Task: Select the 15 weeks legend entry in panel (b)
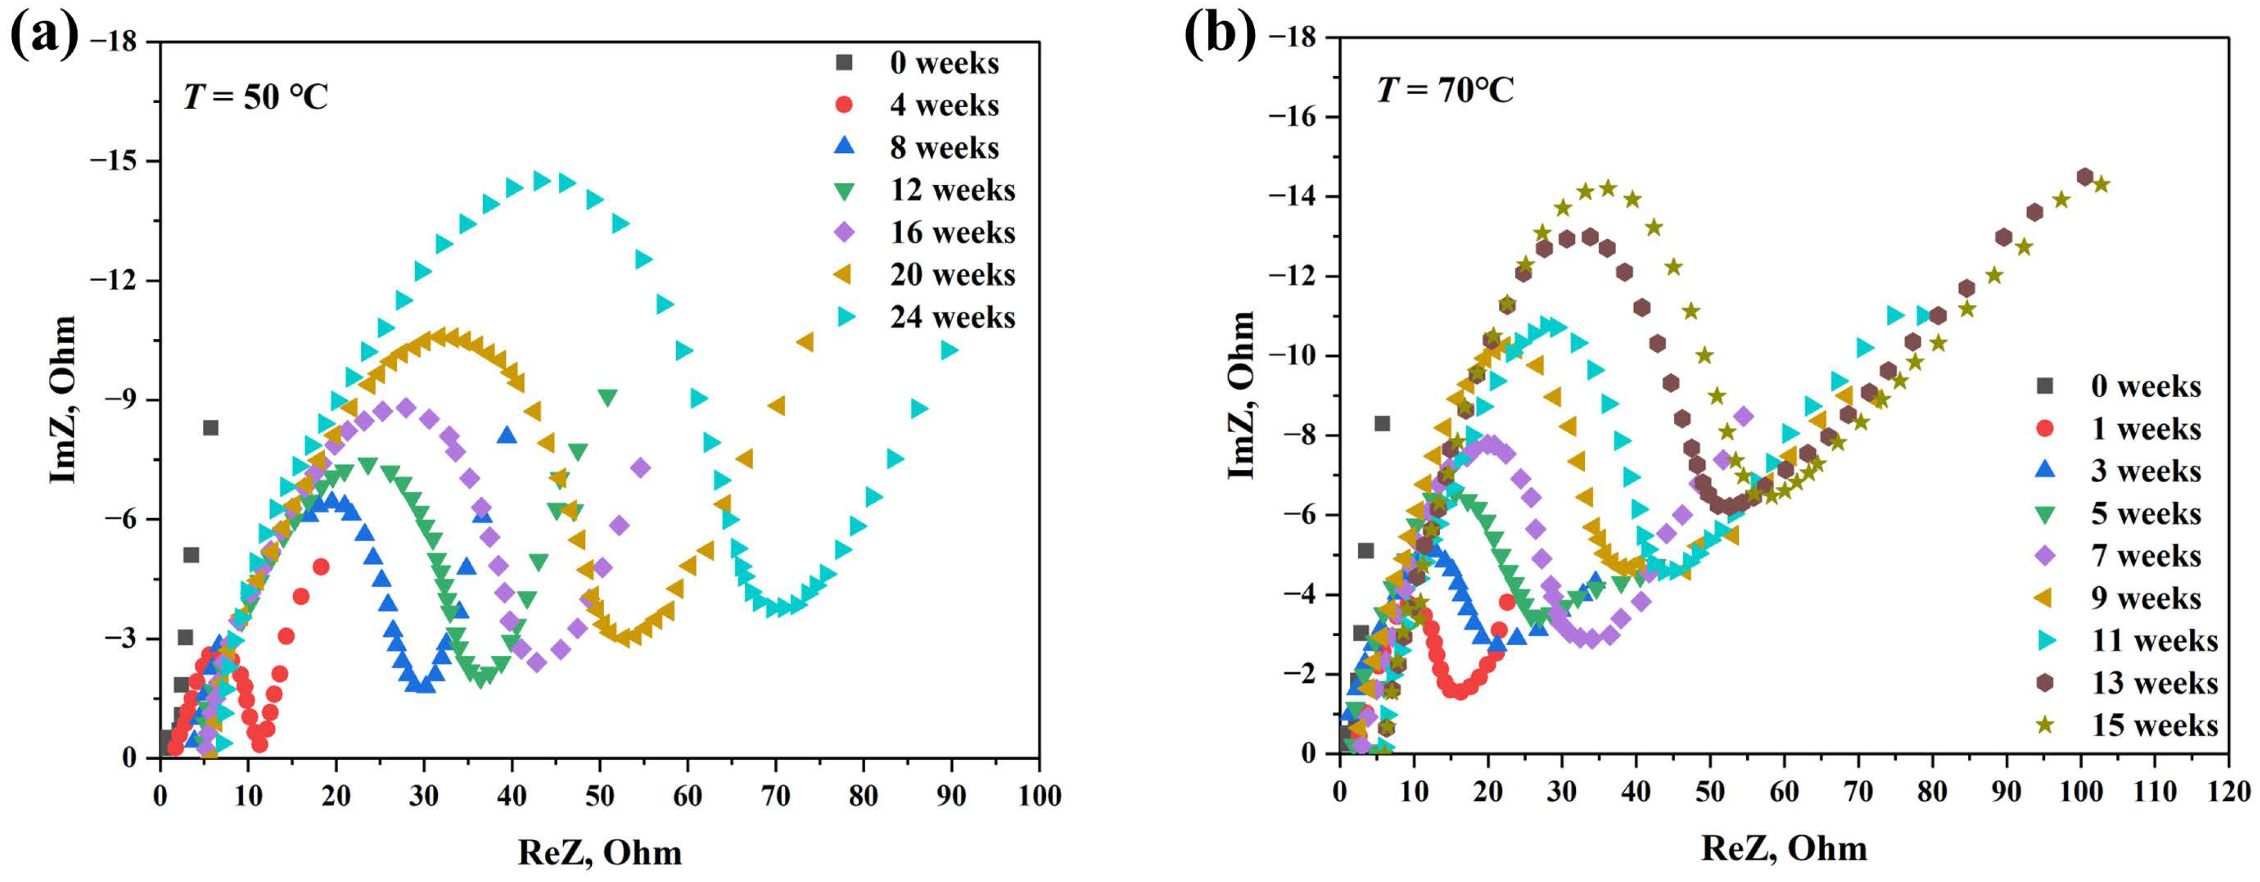tap(2154, 725)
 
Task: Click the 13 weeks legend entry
tap(2154, 683)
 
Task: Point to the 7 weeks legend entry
tap(2145, 555)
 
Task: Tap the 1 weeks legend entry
tap(2145, 429)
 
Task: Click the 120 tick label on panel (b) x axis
tap(2228, 792)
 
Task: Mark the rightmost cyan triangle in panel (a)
tap(949, 350)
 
